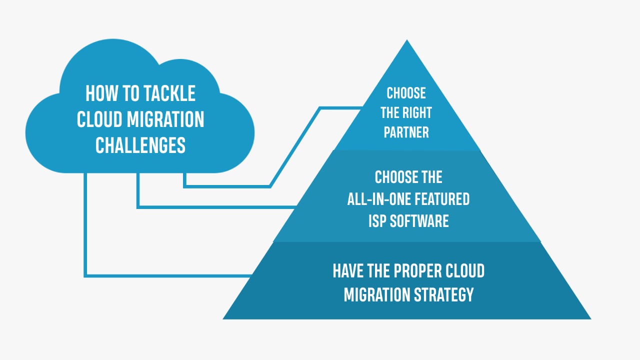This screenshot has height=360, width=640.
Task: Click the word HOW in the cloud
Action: pos(101,93)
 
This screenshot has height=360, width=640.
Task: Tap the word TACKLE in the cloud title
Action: pos(169,93)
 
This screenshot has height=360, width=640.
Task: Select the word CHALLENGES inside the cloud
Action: pos(140,145)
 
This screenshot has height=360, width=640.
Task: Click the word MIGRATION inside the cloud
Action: pos(165,119)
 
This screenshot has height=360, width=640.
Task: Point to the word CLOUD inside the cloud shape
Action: pos(99,119)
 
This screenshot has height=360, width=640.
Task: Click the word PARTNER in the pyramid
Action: pos(406,132)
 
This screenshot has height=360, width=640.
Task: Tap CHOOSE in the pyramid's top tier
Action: pos(406,93)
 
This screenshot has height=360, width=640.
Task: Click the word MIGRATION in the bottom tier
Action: pos(377,294)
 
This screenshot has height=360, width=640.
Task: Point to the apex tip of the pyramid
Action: pos(407,40)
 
